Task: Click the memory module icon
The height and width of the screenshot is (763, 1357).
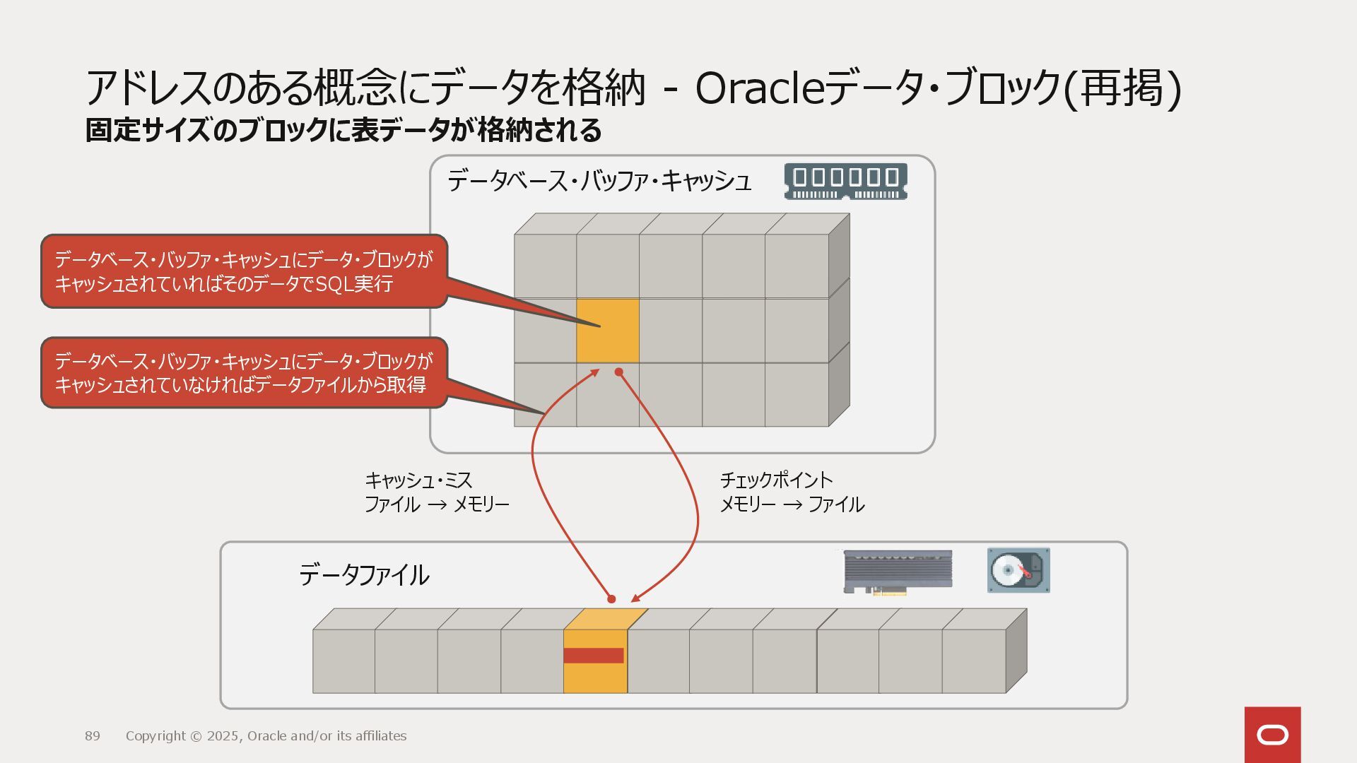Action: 845,182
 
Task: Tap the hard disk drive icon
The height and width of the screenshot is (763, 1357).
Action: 1018,570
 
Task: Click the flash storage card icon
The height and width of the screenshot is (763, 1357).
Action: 898,572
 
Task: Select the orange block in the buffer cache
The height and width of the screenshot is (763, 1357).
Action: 608,331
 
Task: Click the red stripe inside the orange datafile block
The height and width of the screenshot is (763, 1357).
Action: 594,656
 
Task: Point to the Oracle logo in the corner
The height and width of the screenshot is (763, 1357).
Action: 1272,735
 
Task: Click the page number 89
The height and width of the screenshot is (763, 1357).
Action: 93,736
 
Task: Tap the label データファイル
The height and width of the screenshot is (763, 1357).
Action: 364,575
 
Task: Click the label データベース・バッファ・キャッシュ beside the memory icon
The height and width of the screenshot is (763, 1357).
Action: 599,182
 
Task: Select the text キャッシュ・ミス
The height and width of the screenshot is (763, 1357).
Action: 418,481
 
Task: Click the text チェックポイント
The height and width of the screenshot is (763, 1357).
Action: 776,480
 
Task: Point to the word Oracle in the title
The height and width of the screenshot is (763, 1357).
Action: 760,89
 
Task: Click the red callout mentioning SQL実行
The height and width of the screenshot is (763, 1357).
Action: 244,272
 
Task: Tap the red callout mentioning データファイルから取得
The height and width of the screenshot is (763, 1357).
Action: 244,373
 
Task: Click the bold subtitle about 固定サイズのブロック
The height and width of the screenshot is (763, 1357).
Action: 343,131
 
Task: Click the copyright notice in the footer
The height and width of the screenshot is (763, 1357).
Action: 266,736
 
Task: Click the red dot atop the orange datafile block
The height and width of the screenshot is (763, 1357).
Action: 611,599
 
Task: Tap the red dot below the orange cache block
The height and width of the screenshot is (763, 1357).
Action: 618,372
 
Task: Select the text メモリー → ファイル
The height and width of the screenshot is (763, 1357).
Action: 792,504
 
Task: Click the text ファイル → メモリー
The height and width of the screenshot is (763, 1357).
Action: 437,504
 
